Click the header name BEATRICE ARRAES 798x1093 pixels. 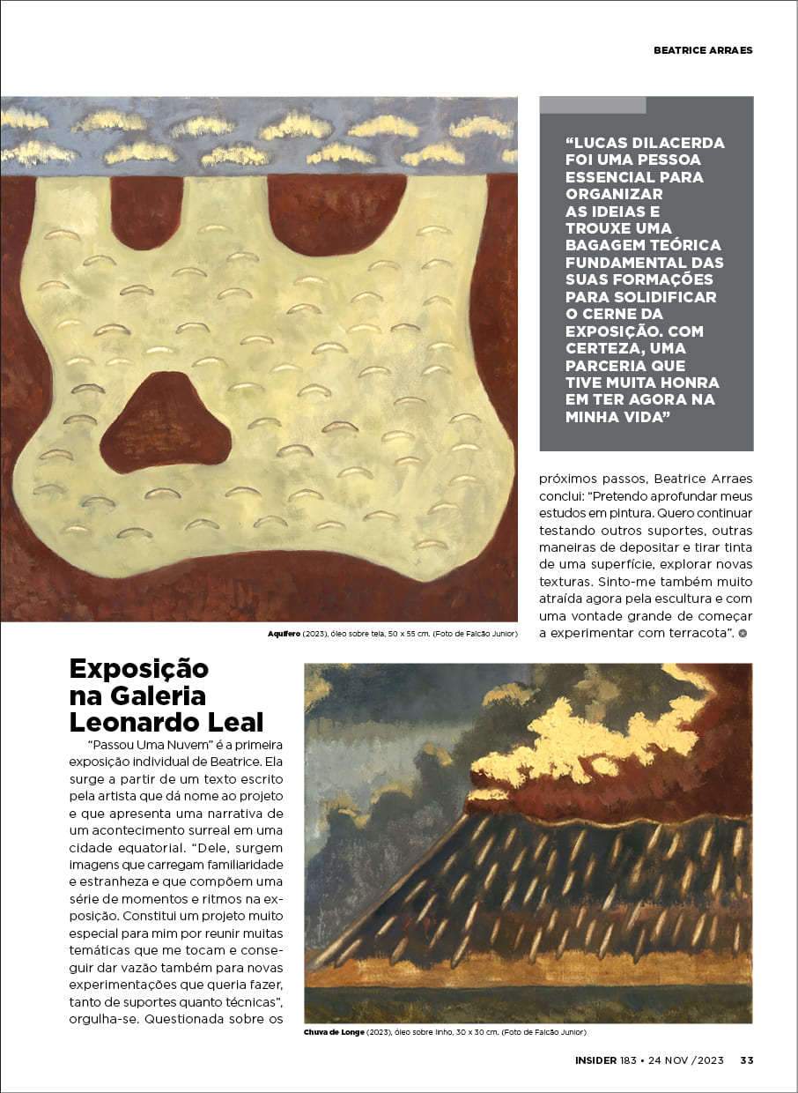pos(703,50)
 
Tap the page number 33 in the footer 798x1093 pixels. pos(746,1060)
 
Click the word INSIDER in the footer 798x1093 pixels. pos(590,1060)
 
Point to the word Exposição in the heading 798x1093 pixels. pos(139,669)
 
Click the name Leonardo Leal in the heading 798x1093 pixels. pos(166,722)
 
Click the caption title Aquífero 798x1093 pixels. pos(283,634)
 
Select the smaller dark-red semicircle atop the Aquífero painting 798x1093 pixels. pos(146,209)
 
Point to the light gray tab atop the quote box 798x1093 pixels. pos(592,105)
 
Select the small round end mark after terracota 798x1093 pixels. pos(743,634)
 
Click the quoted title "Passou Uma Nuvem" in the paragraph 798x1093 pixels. pos(144,744)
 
